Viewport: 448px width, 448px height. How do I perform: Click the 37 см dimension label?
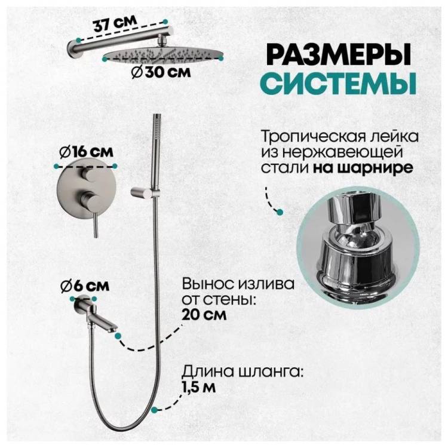point(115,24)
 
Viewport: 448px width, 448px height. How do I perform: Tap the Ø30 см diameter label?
point(161,72)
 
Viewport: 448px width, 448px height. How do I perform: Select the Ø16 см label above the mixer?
point(86,152)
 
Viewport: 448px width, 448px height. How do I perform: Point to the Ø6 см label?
point(85,286)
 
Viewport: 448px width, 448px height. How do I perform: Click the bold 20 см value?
point(204,315)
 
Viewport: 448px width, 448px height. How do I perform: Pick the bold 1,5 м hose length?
point(198,388)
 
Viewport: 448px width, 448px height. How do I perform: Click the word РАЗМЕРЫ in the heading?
point(340,54)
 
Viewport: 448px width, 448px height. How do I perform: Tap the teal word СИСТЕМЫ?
point(337,83)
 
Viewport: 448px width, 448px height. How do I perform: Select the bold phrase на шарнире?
point(363,168)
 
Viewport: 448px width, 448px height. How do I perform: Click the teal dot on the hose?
point(154,410)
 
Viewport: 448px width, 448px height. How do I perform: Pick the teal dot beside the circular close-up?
point(280,212)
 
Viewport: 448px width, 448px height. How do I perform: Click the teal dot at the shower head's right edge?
point(221,59)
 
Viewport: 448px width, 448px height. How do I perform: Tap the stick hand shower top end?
point(157,115)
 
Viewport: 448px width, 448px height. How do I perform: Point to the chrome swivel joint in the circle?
point(357,246)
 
